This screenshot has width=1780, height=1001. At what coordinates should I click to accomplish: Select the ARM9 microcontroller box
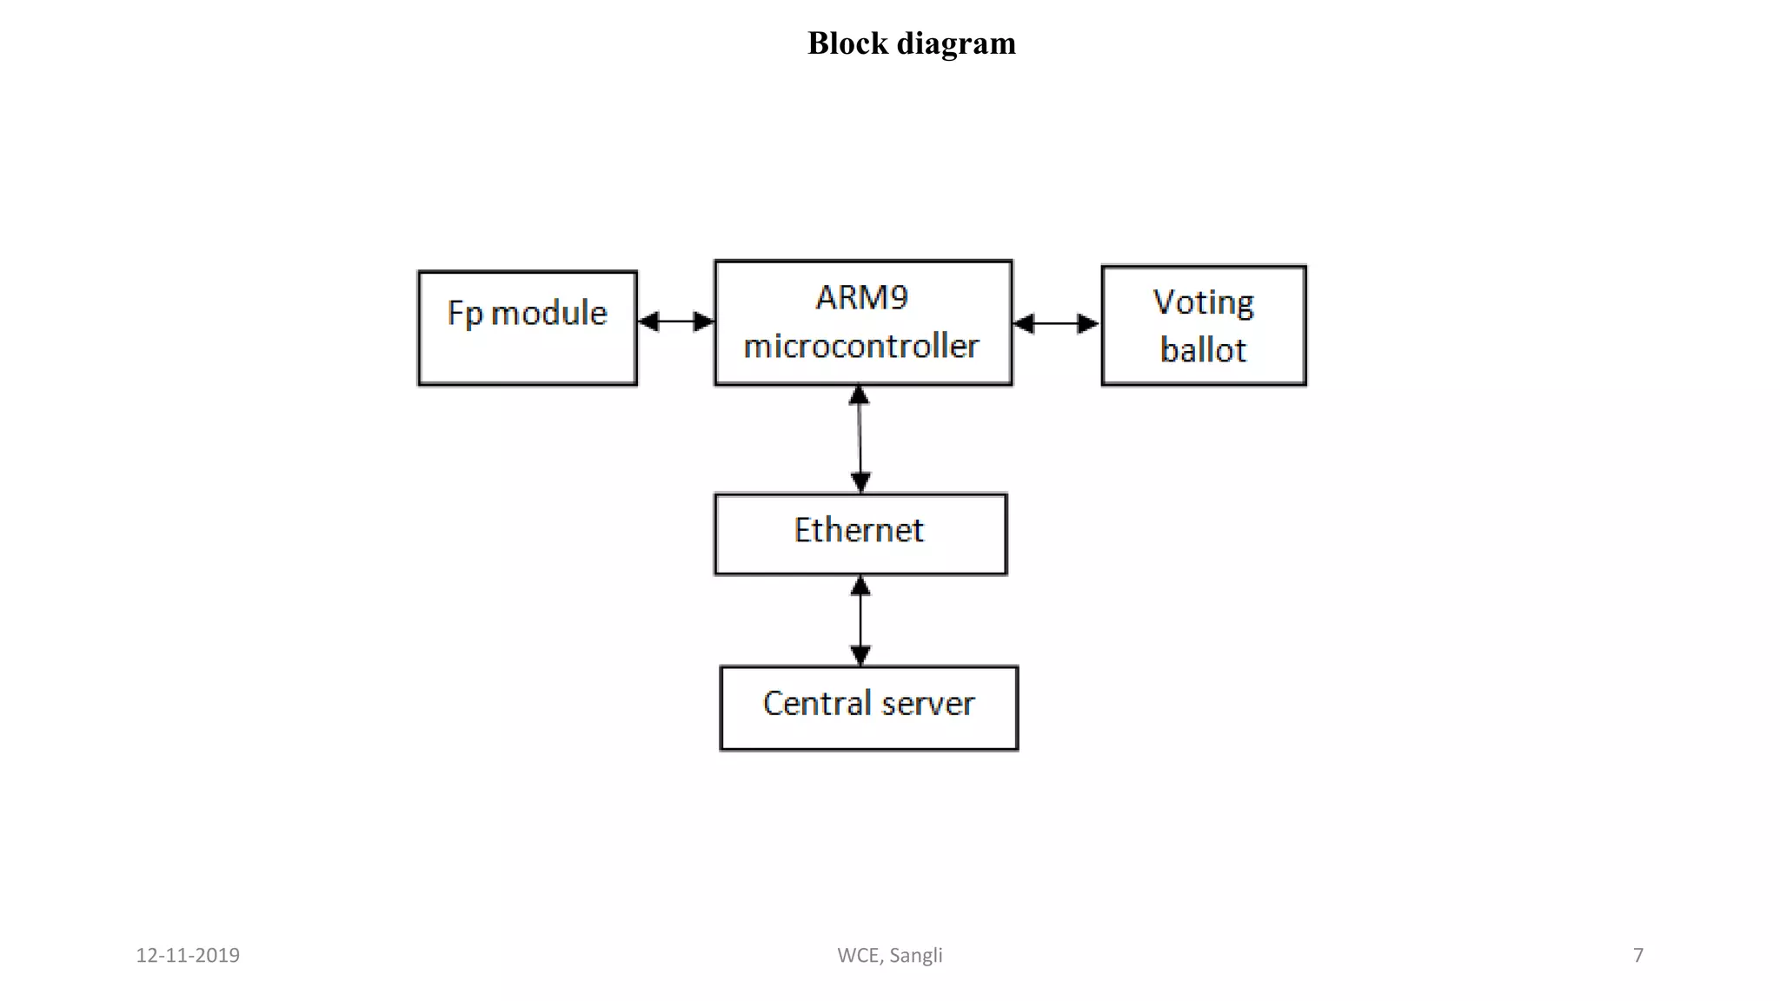(x=863, y=322)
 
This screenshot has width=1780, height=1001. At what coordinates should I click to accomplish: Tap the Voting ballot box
(x=1204, y=326)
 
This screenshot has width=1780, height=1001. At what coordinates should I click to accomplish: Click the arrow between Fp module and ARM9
(x=675, y=322)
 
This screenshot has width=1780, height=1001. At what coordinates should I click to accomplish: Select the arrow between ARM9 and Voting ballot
(x=1056, y=324)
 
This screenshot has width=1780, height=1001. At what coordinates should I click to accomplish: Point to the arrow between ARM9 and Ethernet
(x=860, y=439)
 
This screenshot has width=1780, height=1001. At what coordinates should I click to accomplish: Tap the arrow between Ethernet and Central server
(x=860, y=620)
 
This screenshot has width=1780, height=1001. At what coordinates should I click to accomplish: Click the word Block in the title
(x=847, y=43)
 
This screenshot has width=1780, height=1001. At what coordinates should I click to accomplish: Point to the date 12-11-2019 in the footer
(x=188, y=955)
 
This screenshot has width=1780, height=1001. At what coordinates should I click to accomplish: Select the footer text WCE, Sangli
(x=890, y=955)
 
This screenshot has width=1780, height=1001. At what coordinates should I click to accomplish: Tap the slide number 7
(x=1638, y=955)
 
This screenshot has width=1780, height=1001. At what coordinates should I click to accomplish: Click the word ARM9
(x=862, y=298)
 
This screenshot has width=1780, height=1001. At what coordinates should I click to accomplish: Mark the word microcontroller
(x=861, y=346)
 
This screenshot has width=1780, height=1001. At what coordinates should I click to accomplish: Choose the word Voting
(x=1204, y=302)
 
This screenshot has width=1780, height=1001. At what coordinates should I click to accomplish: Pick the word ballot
(x=1203, y=350)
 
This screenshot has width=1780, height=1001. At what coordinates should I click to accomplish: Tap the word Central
(x=817, y=703)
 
